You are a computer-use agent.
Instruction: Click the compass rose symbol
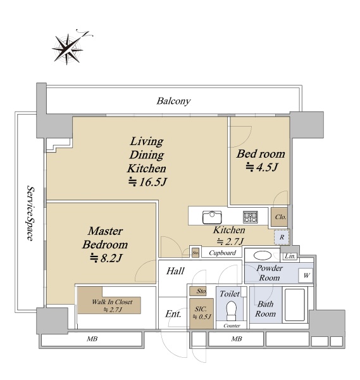point(68,49)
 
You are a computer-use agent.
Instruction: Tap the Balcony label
point(173,101)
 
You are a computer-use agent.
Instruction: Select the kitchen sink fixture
point(212,217)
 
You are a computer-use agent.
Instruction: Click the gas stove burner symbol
point(251,217)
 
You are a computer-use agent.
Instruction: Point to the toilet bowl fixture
point(231,311)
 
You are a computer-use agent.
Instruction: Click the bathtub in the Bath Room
point(295,305)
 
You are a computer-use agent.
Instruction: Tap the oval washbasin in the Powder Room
point(262,255)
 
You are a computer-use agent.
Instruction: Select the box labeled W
point(306,275)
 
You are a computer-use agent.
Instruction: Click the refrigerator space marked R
point(282,237)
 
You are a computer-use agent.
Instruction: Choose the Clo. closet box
point(280,217)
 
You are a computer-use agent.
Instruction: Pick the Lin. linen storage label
point(290,256)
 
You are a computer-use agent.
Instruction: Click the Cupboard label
point(222,253)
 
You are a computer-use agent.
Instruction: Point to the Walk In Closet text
point(112,302)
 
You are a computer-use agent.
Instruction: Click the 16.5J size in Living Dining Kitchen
point(147,182)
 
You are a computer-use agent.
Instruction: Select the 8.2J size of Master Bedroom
point(106,258)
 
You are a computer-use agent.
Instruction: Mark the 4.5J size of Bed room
point(261,167)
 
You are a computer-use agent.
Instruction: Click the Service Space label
point(30,213)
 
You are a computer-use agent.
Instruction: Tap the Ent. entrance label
point(173,314)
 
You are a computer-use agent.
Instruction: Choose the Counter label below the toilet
point(232,326)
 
